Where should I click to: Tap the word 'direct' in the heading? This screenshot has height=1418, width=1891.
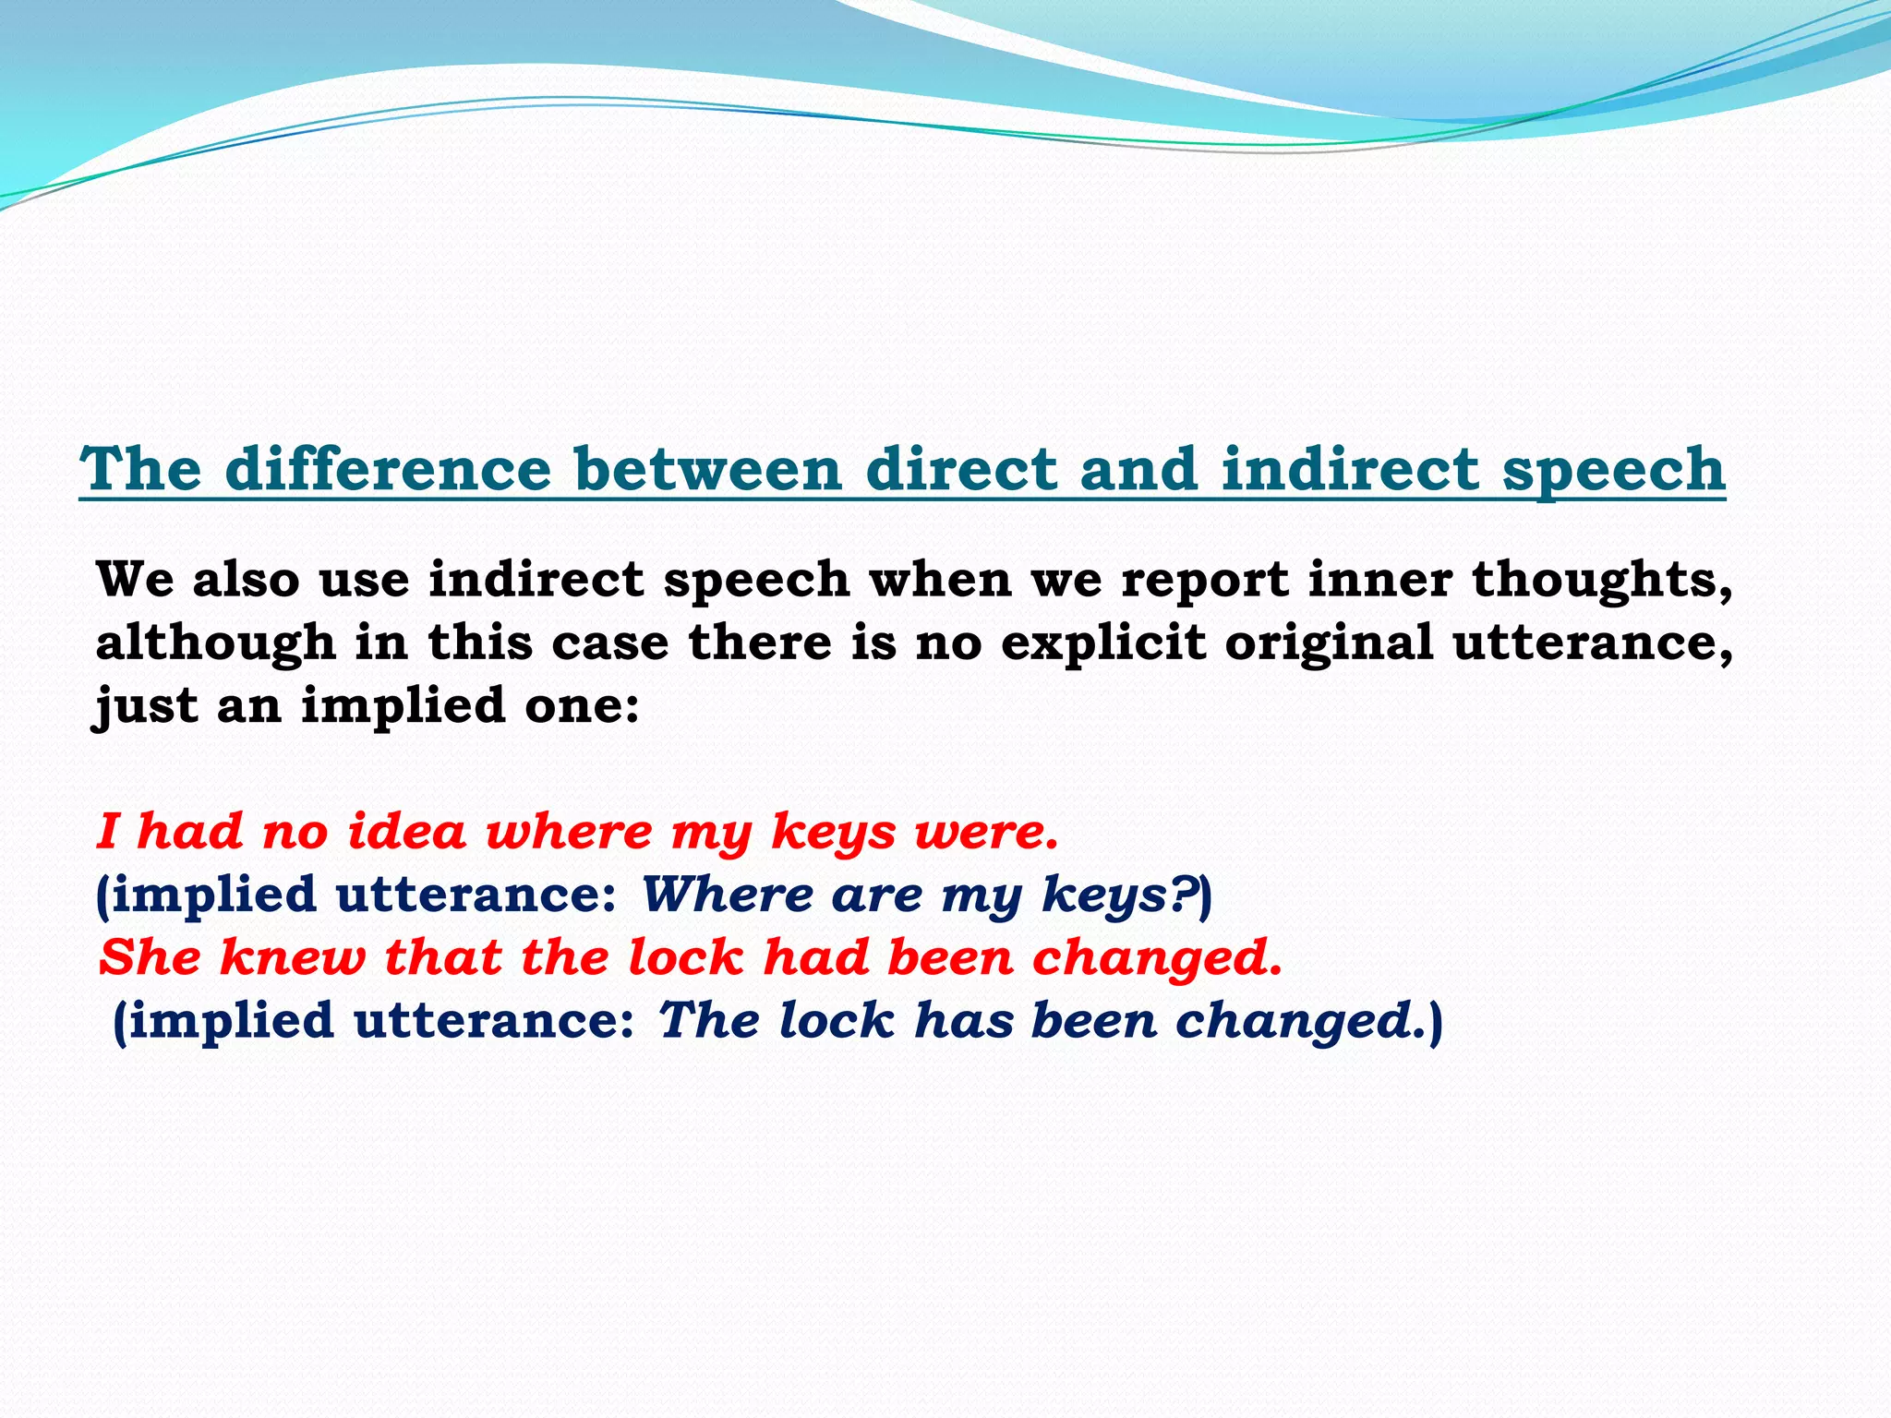960,468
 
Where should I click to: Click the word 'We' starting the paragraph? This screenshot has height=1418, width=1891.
135,579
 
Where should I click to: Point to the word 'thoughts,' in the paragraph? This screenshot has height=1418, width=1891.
1602,581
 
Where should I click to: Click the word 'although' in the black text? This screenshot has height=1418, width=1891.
215,643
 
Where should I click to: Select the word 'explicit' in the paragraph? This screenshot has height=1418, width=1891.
1103,643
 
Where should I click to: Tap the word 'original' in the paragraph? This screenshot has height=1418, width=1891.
1329,643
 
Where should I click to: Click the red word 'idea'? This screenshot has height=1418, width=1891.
406,831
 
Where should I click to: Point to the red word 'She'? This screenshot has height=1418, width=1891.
150,956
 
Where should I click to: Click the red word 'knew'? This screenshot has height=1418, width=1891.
292,956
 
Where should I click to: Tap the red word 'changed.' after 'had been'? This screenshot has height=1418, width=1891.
1158,958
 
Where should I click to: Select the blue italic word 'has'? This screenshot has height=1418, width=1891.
963,1020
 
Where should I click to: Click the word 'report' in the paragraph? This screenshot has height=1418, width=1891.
1204,581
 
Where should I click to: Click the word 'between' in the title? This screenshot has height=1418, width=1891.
707,468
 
